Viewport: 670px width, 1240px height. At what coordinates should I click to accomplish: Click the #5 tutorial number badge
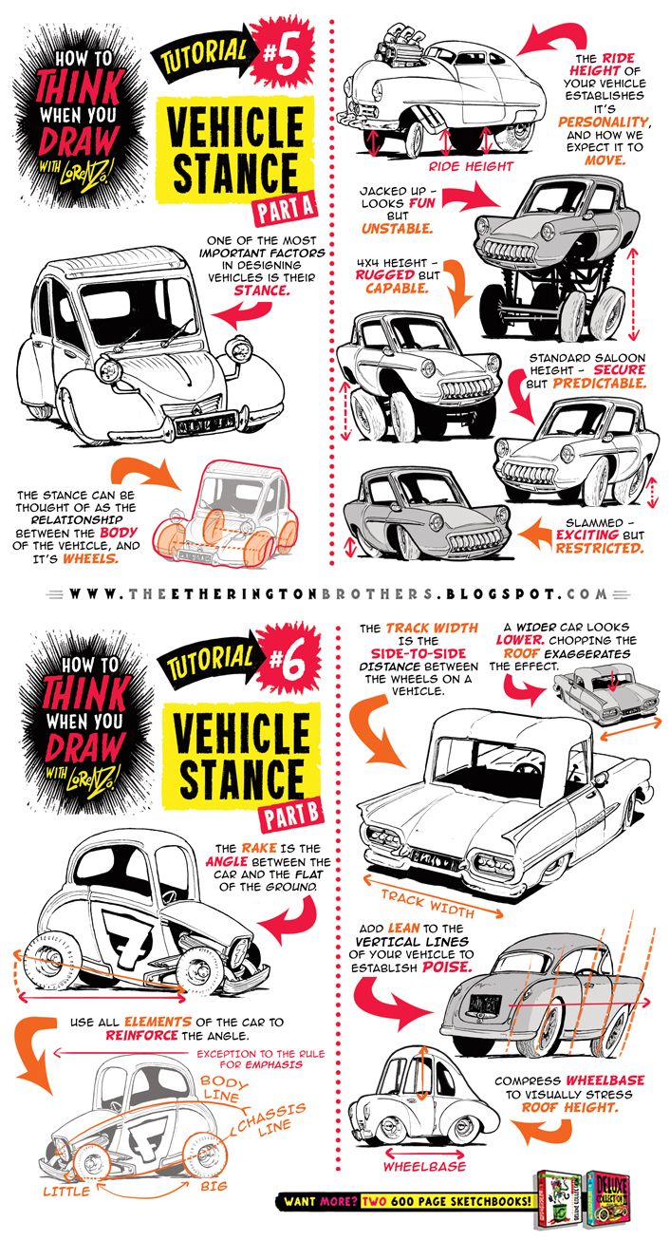[x=282, y=54]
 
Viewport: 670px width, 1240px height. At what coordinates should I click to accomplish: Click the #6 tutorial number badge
[x=282, y=661]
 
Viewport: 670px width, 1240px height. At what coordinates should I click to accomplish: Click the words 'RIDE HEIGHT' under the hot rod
[x=470, y=165]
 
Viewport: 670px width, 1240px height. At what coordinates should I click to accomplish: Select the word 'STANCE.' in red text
[x=263, y=291]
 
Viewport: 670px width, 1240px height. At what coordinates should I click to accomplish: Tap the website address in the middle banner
[x=336, y=594]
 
